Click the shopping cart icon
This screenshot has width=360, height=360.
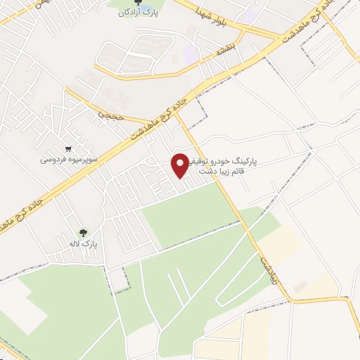click(x=67, y=149)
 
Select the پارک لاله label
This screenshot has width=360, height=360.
click(x=84, y=243)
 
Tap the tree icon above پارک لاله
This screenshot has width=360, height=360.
click(x=84, y=233)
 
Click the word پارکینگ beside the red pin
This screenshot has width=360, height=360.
click(x=243, y=161)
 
